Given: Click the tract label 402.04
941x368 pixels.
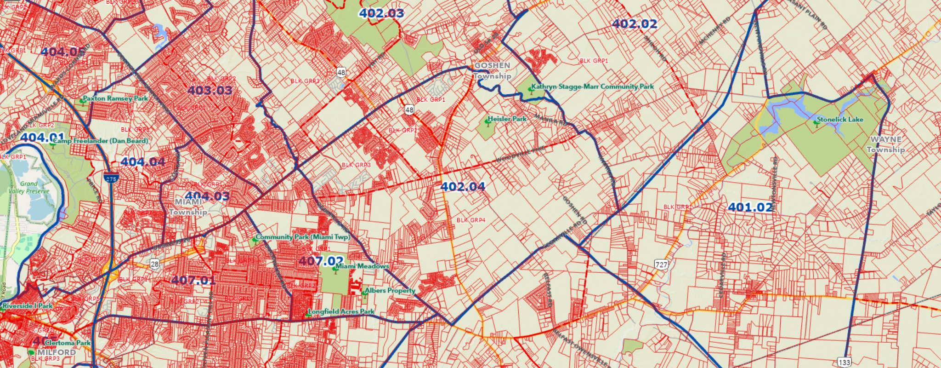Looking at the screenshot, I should pyautogui.click(x=463, y=186).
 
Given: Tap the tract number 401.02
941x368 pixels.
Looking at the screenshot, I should pyautogui.click(x=750, y=207).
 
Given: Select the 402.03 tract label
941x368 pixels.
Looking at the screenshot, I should pyautogui.click(x=381, y=13).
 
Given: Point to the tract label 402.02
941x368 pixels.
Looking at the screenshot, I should pyautogui.click(x=635, y=24).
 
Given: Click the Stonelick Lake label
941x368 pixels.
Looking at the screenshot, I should pyautogui.click(x=839, y=120).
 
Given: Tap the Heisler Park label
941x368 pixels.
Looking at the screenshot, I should pyautogui.click(x=507, y=119).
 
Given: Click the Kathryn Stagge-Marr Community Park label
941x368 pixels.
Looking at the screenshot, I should pyautogui.click(x=592, y=86).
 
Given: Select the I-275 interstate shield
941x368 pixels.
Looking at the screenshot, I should pyautogui.click(x=111, y=178).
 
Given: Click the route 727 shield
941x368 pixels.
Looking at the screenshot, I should pyautogui.click(x=661, y=264).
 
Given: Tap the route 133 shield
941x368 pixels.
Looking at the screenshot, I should pyautogui.click(x=844, y=362).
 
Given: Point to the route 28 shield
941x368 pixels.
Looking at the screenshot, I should pyautogui.click(x=154, y=264).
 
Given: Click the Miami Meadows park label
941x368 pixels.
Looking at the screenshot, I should pyautogui.click(x=362, y=266).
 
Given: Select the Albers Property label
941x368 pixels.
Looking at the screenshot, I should pyautogui.click(x=390, y=291).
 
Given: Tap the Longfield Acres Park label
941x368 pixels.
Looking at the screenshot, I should pyautogui.click(x=341, y=311).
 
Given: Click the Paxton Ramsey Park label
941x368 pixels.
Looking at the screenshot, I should pyautogui.click(x=115, y=98).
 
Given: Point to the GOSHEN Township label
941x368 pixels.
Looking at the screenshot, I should pyautogui.click(x=492, y=71).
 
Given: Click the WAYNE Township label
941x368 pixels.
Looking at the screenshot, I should pyautogui.click(x=885, y=144).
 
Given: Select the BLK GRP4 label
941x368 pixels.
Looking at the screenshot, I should pyautogui.click(x=470, y=220).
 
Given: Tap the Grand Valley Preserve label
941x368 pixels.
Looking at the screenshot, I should pyautogui.click(x=28, y=187).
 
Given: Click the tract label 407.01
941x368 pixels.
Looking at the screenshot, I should pyautogui.click(x=193, y=280).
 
